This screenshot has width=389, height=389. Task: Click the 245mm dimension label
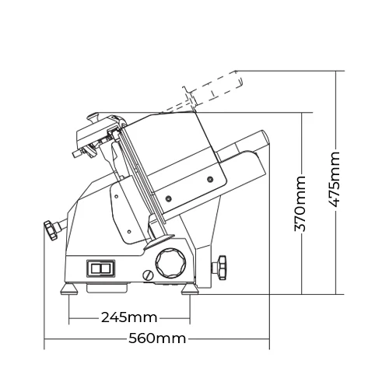point(129,317)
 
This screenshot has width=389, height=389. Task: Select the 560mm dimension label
point(157,338)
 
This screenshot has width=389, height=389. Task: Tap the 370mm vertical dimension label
point(300,204)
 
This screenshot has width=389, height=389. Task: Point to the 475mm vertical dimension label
point(334,180)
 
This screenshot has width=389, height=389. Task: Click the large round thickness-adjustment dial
point(171,263)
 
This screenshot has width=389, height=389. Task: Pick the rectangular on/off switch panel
point(101,268)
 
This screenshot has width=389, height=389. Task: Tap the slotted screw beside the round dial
point(148,275)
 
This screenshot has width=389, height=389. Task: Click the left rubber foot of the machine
point(69,289)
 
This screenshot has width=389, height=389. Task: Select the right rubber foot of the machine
point(190,289)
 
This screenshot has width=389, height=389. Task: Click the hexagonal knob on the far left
point(50,230)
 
